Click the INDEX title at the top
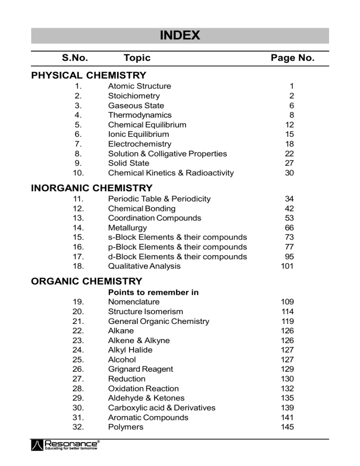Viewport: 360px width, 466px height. point(180,35)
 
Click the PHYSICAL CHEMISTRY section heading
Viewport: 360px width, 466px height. point(89,75)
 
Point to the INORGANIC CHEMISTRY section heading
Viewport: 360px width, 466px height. point(91,188)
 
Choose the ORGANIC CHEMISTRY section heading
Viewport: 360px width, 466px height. point(86,281)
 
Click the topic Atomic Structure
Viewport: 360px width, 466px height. point(139,86)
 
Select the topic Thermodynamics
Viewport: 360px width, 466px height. point(140,115)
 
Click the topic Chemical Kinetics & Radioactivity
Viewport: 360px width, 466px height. point(171,173)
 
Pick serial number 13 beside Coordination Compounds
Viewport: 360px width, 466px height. point(78,218)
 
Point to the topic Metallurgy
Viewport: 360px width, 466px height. point(127,228)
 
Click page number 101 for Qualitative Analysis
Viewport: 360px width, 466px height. point(287,266)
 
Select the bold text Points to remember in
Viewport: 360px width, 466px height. point(153,293)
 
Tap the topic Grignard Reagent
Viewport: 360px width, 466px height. point(140,369)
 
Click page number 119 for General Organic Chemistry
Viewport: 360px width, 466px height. point(287,321)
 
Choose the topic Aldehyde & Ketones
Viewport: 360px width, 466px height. point(146,398)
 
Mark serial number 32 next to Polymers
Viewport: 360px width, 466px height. point(78,427)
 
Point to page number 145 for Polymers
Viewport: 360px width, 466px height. point(287,427)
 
